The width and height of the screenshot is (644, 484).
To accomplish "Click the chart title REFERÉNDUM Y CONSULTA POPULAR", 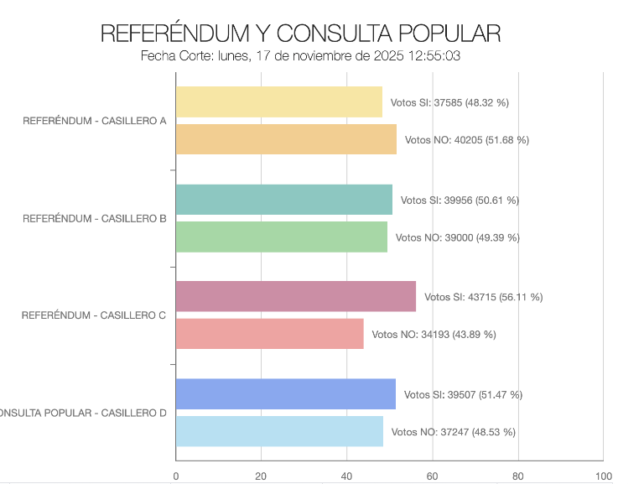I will (300, 34).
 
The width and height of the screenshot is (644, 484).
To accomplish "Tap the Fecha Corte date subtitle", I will (301, 56).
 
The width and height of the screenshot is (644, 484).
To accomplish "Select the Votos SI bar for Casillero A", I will (279, 102).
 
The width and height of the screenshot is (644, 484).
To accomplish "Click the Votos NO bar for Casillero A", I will (286, 139).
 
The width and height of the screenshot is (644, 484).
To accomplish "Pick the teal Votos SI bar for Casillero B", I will (284, 200).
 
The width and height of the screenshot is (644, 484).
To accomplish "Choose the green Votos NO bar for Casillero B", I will (282, 237).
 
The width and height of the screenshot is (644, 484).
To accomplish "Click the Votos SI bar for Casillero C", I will (296, 296).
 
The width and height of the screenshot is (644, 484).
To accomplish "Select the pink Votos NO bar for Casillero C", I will (270, 334).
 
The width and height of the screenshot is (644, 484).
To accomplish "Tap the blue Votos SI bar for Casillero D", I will (286, 394).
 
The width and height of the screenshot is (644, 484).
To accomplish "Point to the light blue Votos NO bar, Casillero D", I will (279, 431).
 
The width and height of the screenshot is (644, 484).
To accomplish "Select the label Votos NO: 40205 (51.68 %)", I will (466, 140).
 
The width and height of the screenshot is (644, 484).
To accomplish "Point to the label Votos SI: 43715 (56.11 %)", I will (483, 297).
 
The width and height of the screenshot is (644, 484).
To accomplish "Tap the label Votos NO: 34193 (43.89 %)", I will (434, 335).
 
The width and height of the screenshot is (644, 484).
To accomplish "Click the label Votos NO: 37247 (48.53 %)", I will (453, 432).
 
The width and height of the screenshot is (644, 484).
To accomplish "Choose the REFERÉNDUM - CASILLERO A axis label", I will (94, 121).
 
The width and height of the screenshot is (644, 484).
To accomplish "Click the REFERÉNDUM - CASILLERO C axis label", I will (94, 315).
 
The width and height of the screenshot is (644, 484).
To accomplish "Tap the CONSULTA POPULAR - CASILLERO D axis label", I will (83, 413).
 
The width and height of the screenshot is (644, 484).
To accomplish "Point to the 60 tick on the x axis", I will (433, 476).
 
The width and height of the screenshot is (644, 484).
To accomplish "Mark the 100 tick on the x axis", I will (603, 476).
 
